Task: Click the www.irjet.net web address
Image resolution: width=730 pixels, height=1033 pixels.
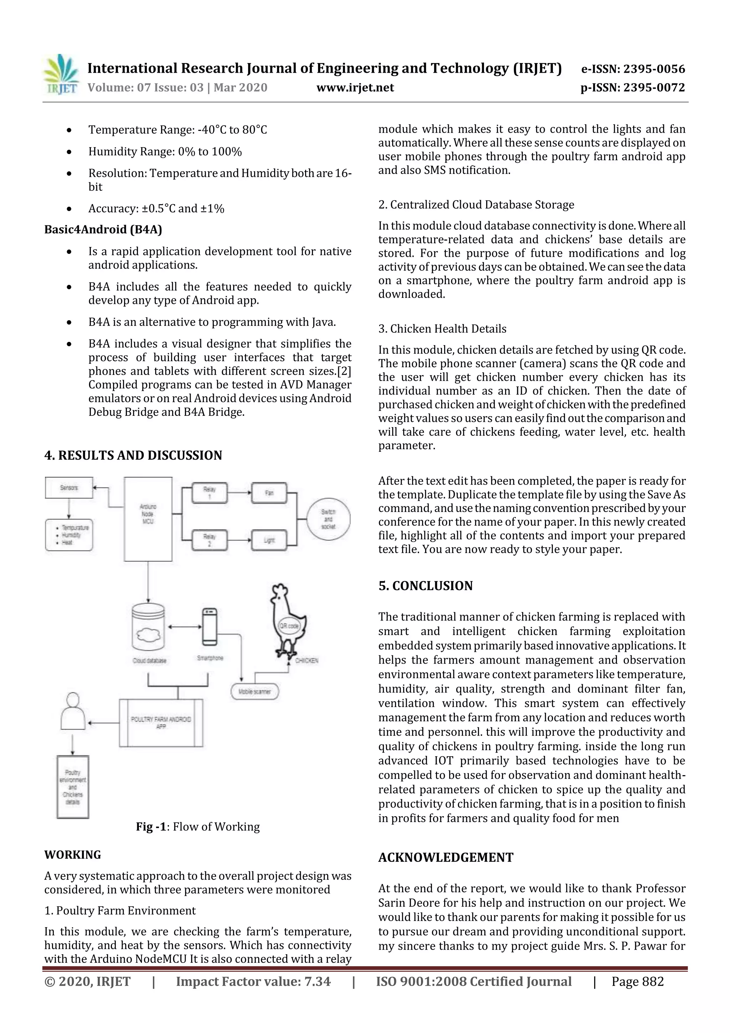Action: [355, 87]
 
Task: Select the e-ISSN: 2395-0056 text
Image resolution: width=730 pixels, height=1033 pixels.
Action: [633, 69]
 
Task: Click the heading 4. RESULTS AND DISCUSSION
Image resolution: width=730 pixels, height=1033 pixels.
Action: [133, 455]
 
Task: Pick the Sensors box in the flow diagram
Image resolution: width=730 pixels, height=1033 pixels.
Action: [69, 488]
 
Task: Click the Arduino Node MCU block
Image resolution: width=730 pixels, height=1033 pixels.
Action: [148, 518]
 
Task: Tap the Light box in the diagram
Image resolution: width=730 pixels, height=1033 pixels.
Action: [269, 540]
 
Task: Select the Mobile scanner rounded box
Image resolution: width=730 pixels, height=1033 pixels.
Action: [255, 691]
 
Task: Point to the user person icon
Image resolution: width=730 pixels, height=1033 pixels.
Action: [73, 711]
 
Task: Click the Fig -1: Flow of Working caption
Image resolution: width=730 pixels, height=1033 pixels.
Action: [198, 827]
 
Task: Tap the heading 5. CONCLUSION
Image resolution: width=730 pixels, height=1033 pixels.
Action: [426, 586]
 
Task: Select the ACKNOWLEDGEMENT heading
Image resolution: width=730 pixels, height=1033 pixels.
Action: [446, 858]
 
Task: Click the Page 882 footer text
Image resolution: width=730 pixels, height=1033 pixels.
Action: [637, 982]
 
